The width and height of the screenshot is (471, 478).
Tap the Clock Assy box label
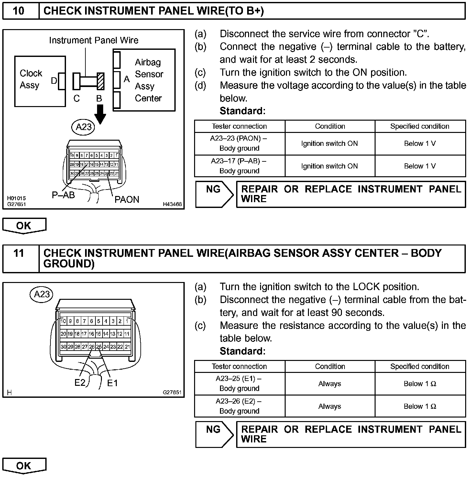click(31, 79)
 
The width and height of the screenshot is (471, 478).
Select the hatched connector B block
click(101, 81)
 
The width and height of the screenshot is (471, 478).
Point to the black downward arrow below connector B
click(100, 114)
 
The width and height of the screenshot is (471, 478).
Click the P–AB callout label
click(63, 195)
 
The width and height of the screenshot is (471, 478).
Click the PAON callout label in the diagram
click(127, 200)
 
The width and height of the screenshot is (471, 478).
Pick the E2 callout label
click(80, 383)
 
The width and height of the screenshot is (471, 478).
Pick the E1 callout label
click(112, 383)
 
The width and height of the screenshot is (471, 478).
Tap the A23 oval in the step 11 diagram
click(42, 294)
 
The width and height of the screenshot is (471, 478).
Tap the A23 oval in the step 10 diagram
click(83, 127)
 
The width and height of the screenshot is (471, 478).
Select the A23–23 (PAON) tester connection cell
click(239, 143)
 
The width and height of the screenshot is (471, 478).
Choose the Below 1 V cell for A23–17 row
click(420, 166)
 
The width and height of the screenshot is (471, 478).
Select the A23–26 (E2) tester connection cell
click(239, 406)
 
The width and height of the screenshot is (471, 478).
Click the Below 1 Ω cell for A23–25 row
click(420, 384)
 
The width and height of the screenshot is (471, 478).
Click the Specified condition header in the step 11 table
click(420, 366)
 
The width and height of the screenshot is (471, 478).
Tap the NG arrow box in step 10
click(214, 194)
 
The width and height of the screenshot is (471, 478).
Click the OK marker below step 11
click(24, 466)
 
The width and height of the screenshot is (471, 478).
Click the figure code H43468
click(172, 204)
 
